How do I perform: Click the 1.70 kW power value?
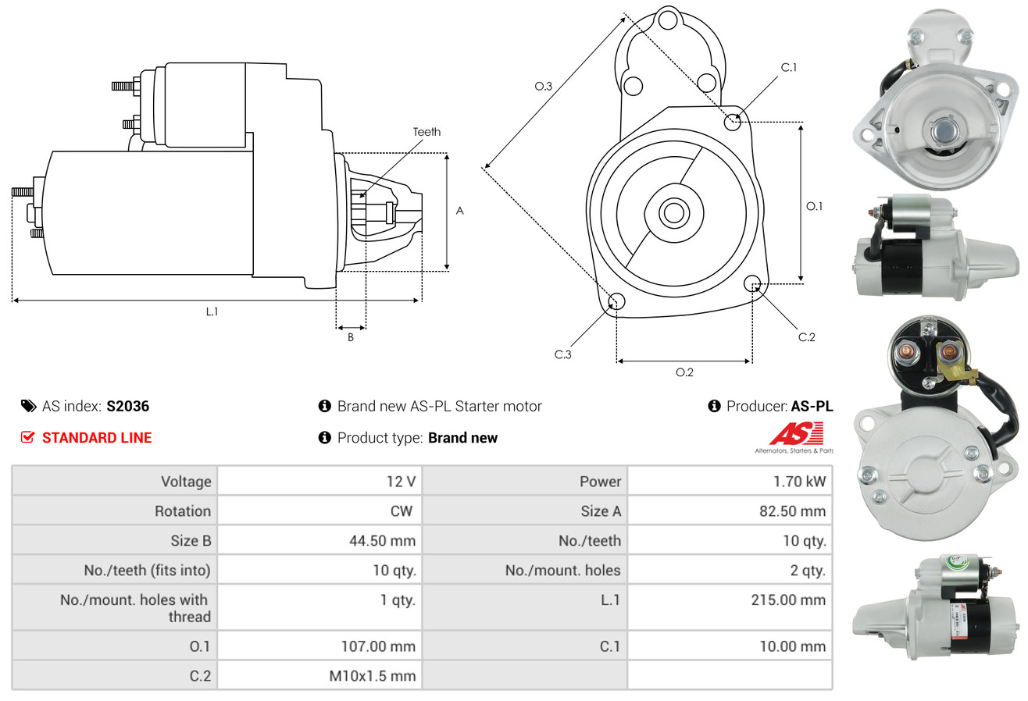(799, 482)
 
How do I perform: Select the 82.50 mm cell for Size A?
(793, 511)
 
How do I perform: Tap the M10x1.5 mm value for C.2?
(372, 676)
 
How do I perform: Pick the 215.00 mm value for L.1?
(788, 600)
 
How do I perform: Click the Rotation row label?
(183, 511)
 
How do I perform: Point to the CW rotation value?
(402, 511)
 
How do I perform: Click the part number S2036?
(127, 406)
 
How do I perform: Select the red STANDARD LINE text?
(97, 438)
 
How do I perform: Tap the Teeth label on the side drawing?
(427, 132)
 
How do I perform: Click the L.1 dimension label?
(212, 311)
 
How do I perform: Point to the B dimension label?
(351, 337)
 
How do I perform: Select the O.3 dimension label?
(544, 86)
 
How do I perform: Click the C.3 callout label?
(562, 354)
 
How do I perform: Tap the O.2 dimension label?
(684, 372)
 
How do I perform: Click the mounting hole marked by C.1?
(732, 123)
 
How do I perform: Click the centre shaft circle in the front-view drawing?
(673, 213)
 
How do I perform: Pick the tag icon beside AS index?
(28, 406)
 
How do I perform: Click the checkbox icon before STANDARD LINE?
(27, 437)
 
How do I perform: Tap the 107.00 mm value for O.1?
(378, 646)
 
